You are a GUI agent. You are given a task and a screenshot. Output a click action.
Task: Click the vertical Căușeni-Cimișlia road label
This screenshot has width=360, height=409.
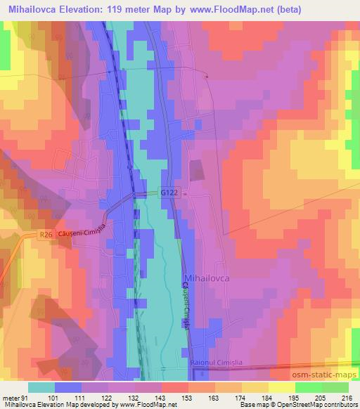click(x=185, y=303)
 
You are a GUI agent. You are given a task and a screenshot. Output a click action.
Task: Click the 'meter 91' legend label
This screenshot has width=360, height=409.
click(x=15, y=397)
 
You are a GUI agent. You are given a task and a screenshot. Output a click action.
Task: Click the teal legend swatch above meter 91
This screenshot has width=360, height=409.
click(x=41, y=387)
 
